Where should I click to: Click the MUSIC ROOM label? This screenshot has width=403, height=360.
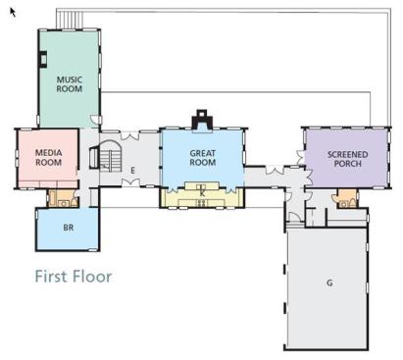pos(70,84)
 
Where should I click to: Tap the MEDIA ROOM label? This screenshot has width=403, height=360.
pos(48,157)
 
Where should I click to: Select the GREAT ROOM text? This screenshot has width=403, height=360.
pos(203,158)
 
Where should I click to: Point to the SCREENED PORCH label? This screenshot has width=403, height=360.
pos(348,159)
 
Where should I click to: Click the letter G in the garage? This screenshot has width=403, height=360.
pos(329,283)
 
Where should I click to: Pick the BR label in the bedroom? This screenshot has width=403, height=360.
pos(69,228)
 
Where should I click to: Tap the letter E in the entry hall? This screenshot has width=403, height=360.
pos(132,171)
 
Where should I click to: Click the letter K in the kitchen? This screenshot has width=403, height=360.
pos(202,193)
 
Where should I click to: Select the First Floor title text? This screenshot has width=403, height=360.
pos(74,277)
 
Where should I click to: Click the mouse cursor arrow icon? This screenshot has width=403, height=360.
pos(13,12)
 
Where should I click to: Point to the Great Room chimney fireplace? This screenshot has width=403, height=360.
pos(202,121)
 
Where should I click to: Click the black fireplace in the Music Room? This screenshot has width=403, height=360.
pos(43,60)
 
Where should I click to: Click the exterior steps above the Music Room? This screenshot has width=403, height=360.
pos(70,20)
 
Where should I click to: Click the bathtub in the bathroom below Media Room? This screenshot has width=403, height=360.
pos(52,199)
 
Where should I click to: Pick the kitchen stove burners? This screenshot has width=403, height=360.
pos(202,203)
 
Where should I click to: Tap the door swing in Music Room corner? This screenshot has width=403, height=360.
pos(95,120)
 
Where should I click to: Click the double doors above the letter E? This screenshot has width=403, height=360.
pos(130,135)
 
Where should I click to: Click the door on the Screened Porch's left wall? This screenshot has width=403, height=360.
pos(301,157)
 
